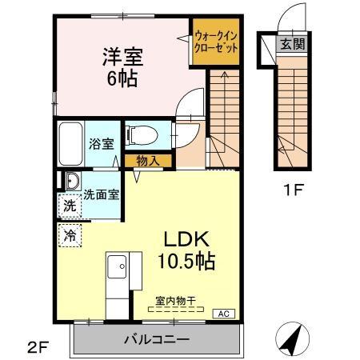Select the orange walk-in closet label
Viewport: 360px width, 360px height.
coord(215,41)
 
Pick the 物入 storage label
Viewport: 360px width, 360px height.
coord(147,162)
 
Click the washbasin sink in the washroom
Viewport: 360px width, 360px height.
coord(71,180)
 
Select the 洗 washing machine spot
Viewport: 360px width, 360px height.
coord(70,206)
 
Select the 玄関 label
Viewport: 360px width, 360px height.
coord(291,42)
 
